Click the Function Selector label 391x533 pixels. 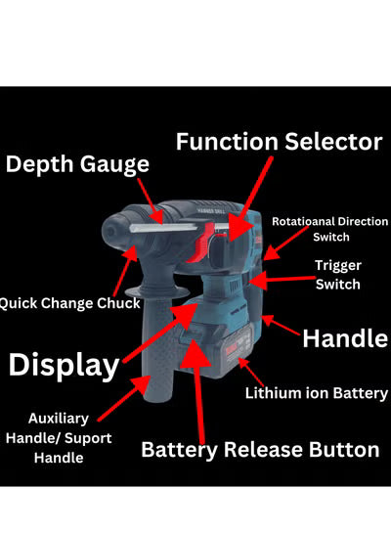pyautogui.click(x=280, y=142)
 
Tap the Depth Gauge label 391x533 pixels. pyautogui.click(x=77, y=164)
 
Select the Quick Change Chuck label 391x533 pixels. pyautogui.click(x=69, y=303)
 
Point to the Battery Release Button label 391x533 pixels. pyautogui.click(x=260, y=450)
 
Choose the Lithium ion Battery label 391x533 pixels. pyautogui.click(x=317, y=393)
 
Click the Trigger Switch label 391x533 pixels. pyautogui.click(x=338, y=275)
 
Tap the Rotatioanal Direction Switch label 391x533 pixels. pyautogui.click(x=329, y=229)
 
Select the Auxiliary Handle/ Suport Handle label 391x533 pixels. pyautogui.click(x=59, y=438)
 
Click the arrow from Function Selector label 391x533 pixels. pyautogui.click(x=250, y=200)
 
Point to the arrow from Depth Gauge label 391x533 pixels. pyautogui.click(x=151, y=200)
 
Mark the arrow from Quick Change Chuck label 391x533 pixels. pyautogui.click(x=125, y=271)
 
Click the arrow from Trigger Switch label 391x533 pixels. pyautogui.click(x=282, y=280)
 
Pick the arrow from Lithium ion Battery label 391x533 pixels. pyautogui.click(x=251, y=372)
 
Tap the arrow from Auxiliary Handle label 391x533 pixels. pyautogui.click(x=124, y=398)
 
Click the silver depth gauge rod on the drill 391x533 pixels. pyautogui.click(x=163, y=228)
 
